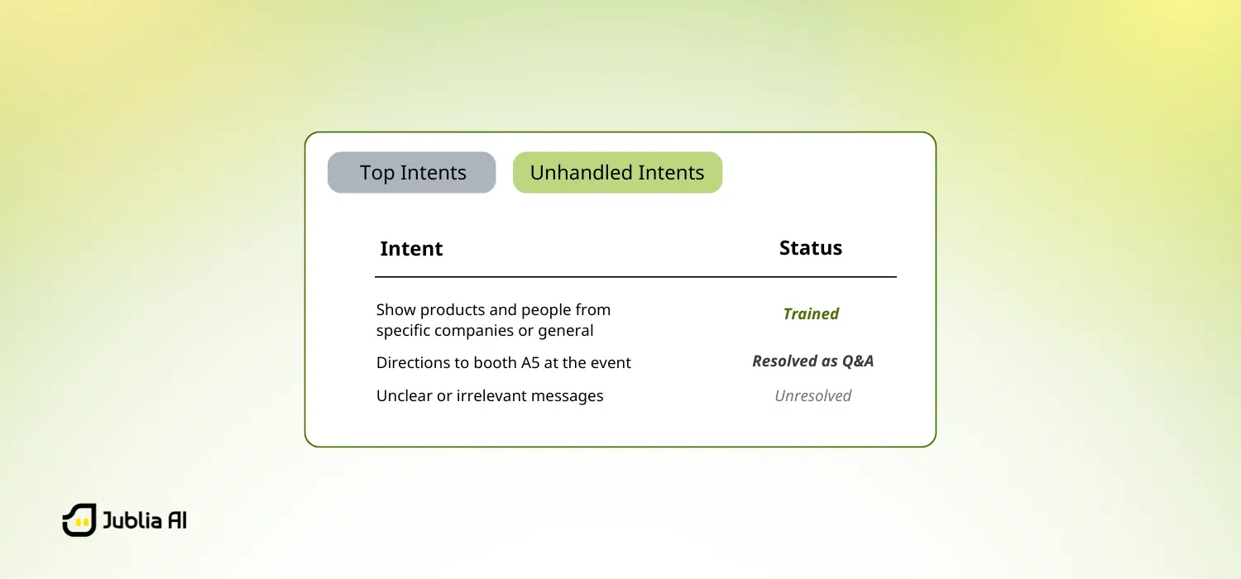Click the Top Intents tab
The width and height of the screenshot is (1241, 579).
(x=412, y=173)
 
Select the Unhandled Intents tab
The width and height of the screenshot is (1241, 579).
(x=617, y=173)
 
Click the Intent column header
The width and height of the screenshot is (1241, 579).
(x=411, y=249)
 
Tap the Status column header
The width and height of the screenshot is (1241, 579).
(x=811, y=248)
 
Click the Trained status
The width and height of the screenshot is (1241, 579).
(x=811, y=313)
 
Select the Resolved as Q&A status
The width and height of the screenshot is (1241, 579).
(x=812, y=361)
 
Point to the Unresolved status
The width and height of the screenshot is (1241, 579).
(x=812, y=396)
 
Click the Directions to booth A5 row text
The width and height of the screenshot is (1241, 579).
(x=503, y=363)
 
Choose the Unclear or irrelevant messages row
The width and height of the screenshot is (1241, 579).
(x=490, y=396)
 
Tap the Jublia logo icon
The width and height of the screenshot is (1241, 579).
(x=79, y=520)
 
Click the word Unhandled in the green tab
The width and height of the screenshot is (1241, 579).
(x=569, y=173)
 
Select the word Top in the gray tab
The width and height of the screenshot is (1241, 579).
(x=376, y=173)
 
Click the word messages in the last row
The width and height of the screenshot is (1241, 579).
(x=563, y=396)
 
